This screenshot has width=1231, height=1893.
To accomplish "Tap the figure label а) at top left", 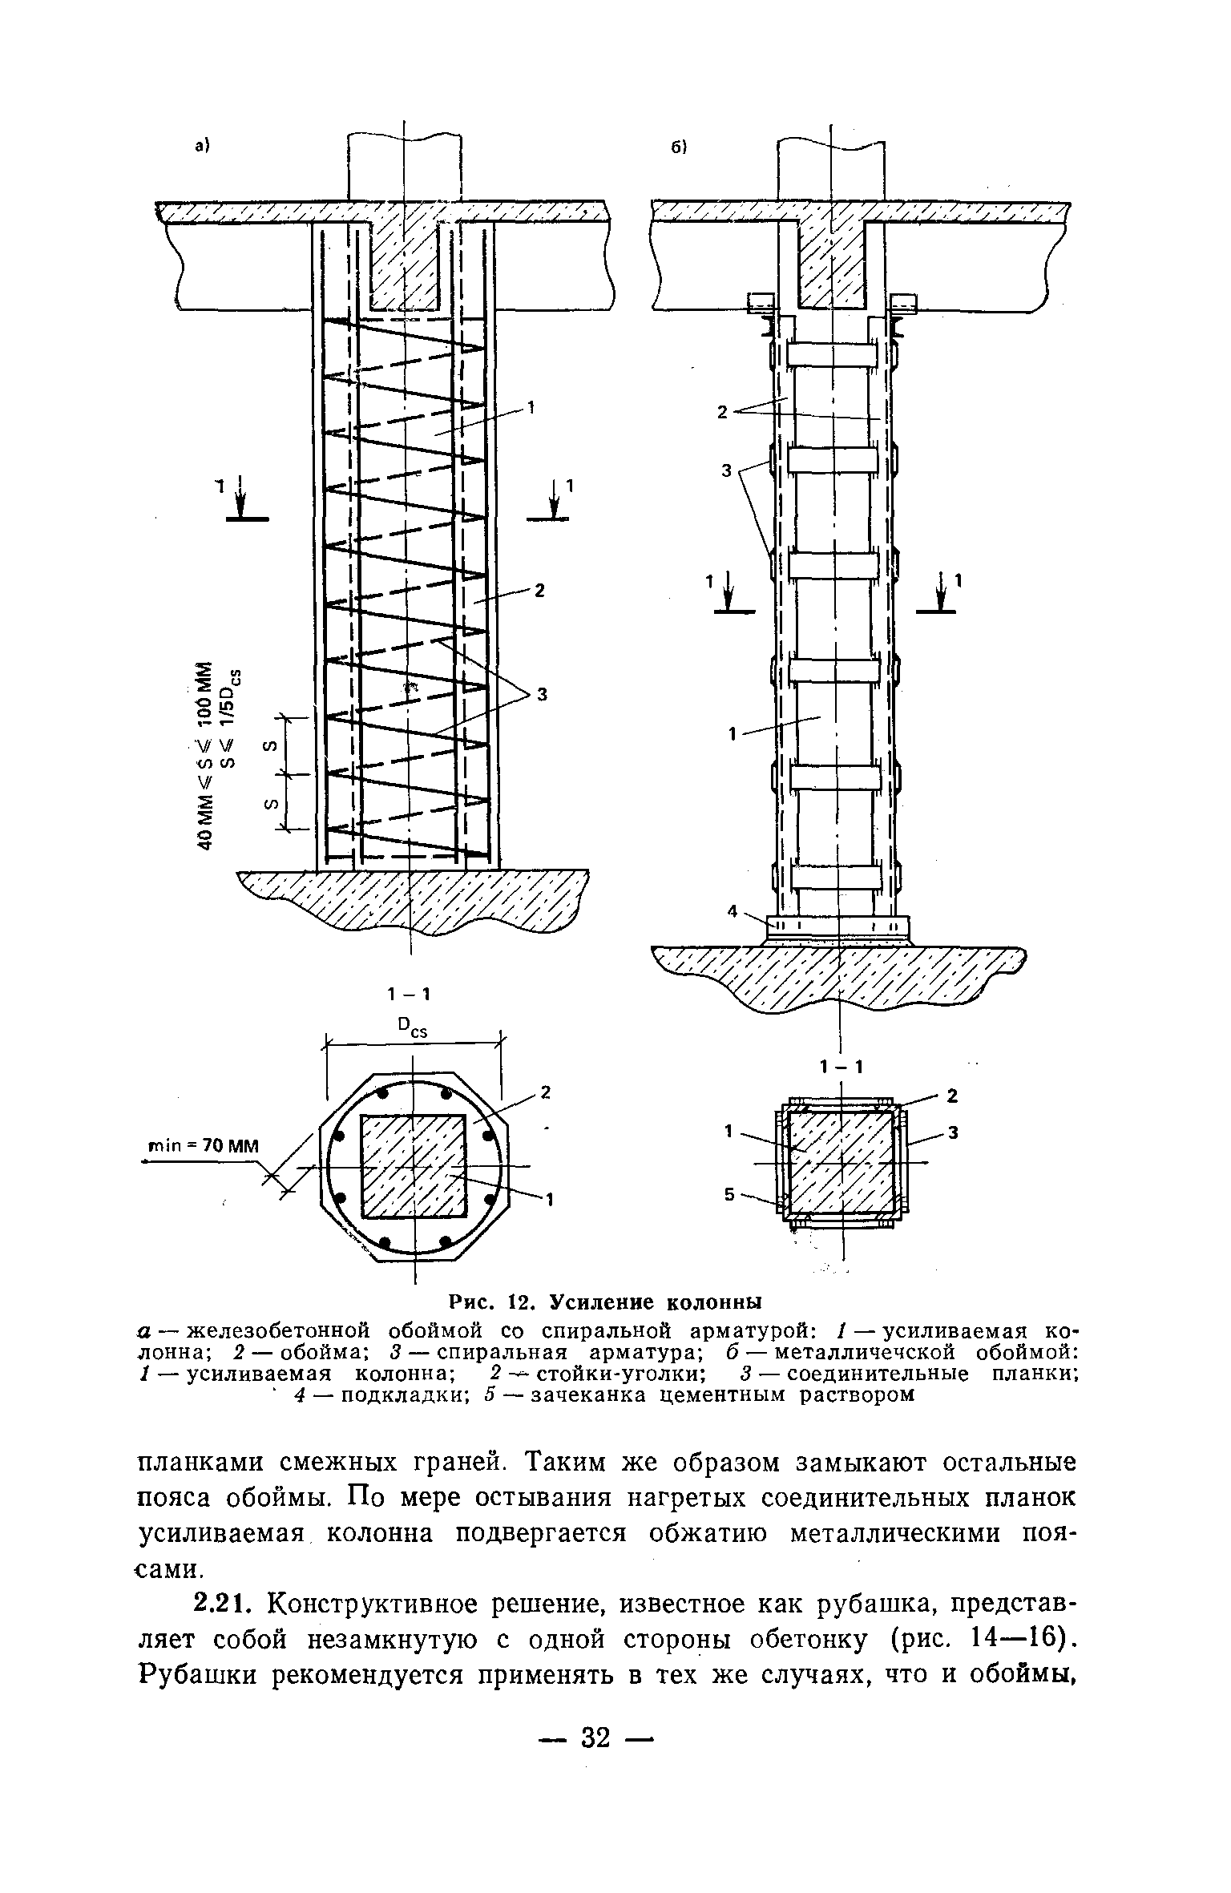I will [201, 144].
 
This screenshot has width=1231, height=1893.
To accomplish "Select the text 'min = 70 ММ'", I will [200, 1145].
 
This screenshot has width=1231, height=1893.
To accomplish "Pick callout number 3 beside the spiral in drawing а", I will [542, 695].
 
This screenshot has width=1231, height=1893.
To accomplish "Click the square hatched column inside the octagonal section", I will [413, 1165].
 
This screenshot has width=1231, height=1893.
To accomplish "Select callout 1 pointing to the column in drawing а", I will [530, 409].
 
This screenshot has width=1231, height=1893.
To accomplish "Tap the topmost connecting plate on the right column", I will [833, 354].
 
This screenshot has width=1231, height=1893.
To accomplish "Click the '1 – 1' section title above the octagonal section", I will [410, 994].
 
